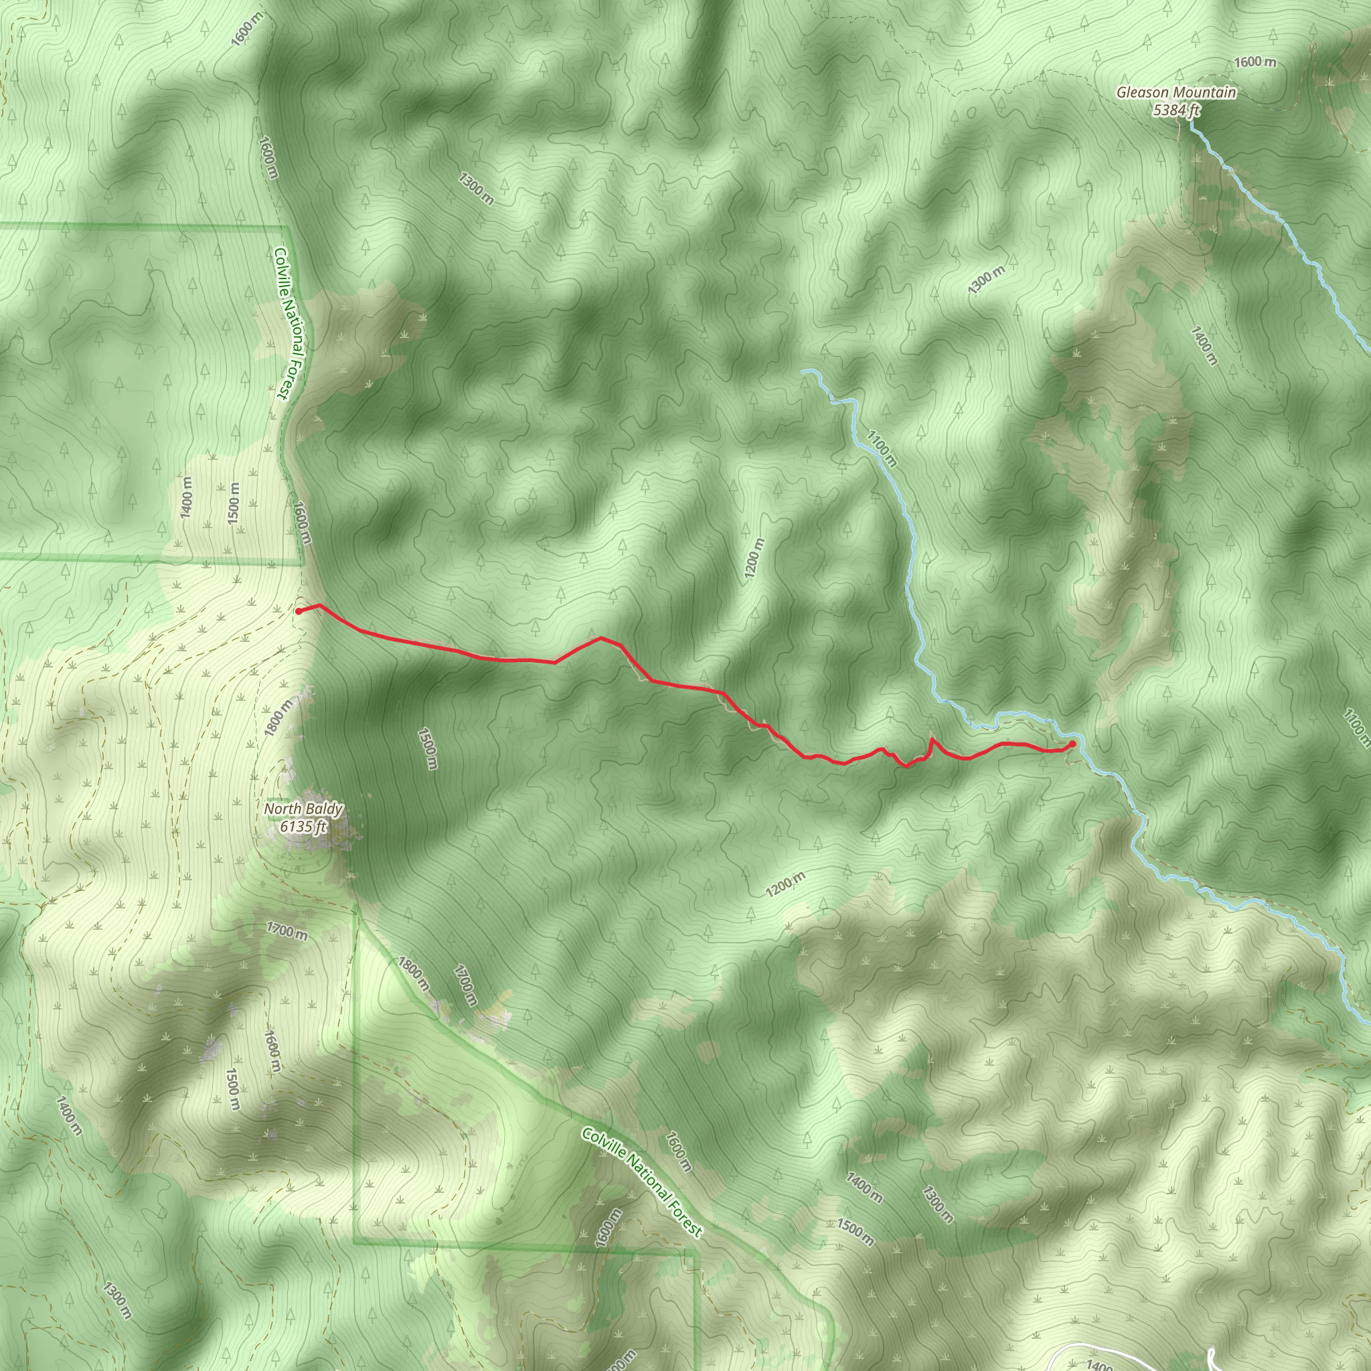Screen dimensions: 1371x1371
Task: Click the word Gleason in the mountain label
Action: [x=1143, y=93]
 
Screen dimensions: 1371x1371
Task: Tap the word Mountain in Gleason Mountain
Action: [x=1206, y=93]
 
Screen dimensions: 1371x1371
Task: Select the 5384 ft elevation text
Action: [x=1176, y=110]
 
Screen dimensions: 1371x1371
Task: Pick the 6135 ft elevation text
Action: [x=303, y=826]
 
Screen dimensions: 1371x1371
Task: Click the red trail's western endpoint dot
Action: [x=299, y=611]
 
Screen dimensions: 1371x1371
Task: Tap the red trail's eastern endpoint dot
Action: [x=1072, y=744]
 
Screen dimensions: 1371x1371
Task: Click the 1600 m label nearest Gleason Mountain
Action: [x=1255, y=62]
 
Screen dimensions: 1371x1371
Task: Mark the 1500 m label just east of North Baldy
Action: [x=428, y=748]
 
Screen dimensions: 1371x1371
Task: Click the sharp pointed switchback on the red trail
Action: [x=932, y=740]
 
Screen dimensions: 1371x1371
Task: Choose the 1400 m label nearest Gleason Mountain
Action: [x=1204, y=345]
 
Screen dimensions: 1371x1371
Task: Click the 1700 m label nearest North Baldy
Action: [x=287, y=930]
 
